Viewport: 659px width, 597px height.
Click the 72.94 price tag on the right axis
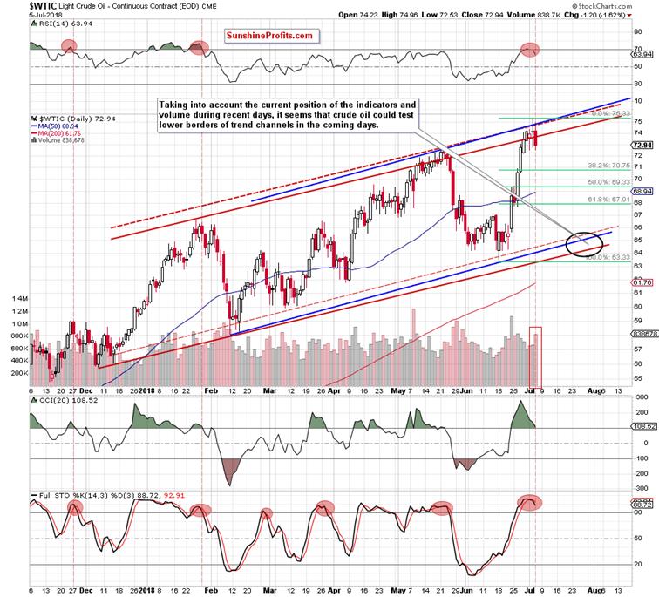pyautogui.click(x=641, y=145)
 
